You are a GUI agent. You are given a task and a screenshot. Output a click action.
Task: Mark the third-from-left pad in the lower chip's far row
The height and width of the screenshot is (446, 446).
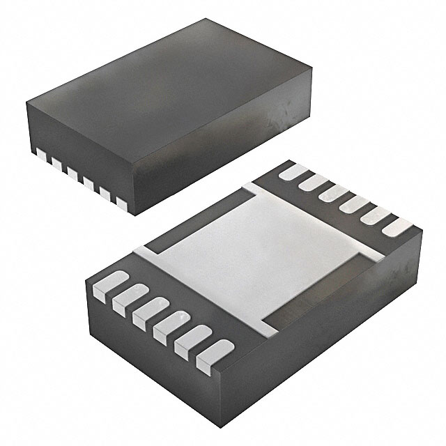click(330, 192)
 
